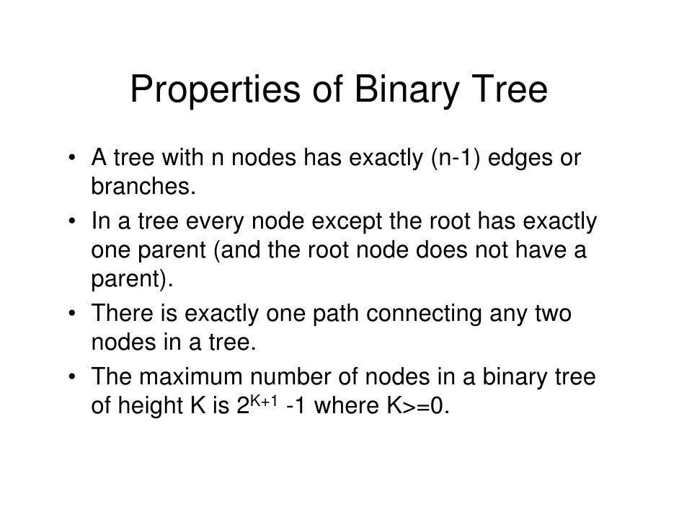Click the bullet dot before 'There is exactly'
point(74,316)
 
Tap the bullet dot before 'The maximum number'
point(74,379)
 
